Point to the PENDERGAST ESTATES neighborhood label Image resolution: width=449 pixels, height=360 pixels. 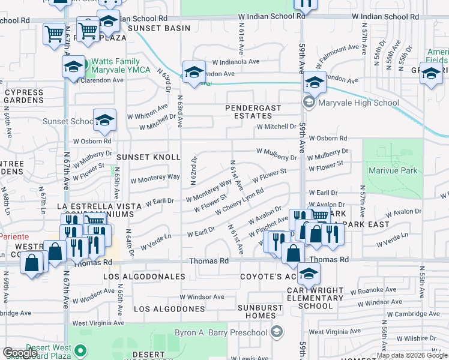(x=249, y=112)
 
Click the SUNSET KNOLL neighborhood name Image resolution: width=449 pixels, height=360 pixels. (x=148, y=157)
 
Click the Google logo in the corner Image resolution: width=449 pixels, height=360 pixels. (x=20, y=353)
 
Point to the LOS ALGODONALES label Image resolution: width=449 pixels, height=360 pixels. (x=144, y=277)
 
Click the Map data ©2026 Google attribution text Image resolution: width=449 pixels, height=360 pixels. (x=412, y=355)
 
